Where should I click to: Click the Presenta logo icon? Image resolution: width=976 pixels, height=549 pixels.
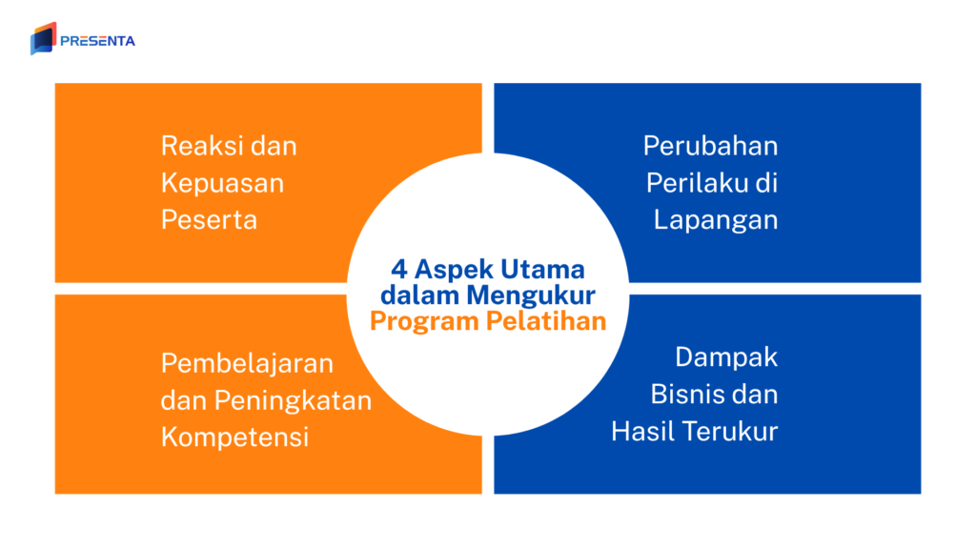(x=43, y=39)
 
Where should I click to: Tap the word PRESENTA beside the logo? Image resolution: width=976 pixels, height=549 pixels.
(x=97, y=41)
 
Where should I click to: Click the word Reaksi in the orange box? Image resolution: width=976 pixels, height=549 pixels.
(x=193, y=146)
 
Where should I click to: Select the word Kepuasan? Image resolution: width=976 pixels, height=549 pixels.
(x=222, y=183)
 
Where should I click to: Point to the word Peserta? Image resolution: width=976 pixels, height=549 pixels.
(x=209, y=219)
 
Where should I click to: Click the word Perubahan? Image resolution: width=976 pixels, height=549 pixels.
(x=710, y=146)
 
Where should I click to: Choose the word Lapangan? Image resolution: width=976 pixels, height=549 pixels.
(x=716, y=219)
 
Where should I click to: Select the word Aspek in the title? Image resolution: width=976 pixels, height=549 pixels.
(x=448, y=269)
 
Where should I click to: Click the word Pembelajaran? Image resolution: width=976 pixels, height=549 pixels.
(x=247, y=363)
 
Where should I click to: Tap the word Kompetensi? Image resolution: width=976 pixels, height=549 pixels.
(x=234, y=437)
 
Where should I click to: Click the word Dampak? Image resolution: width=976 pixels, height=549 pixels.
(x=726, y=357)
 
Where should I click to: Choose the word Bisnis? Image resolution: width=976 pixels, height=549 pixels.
(x=682, y=394)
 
